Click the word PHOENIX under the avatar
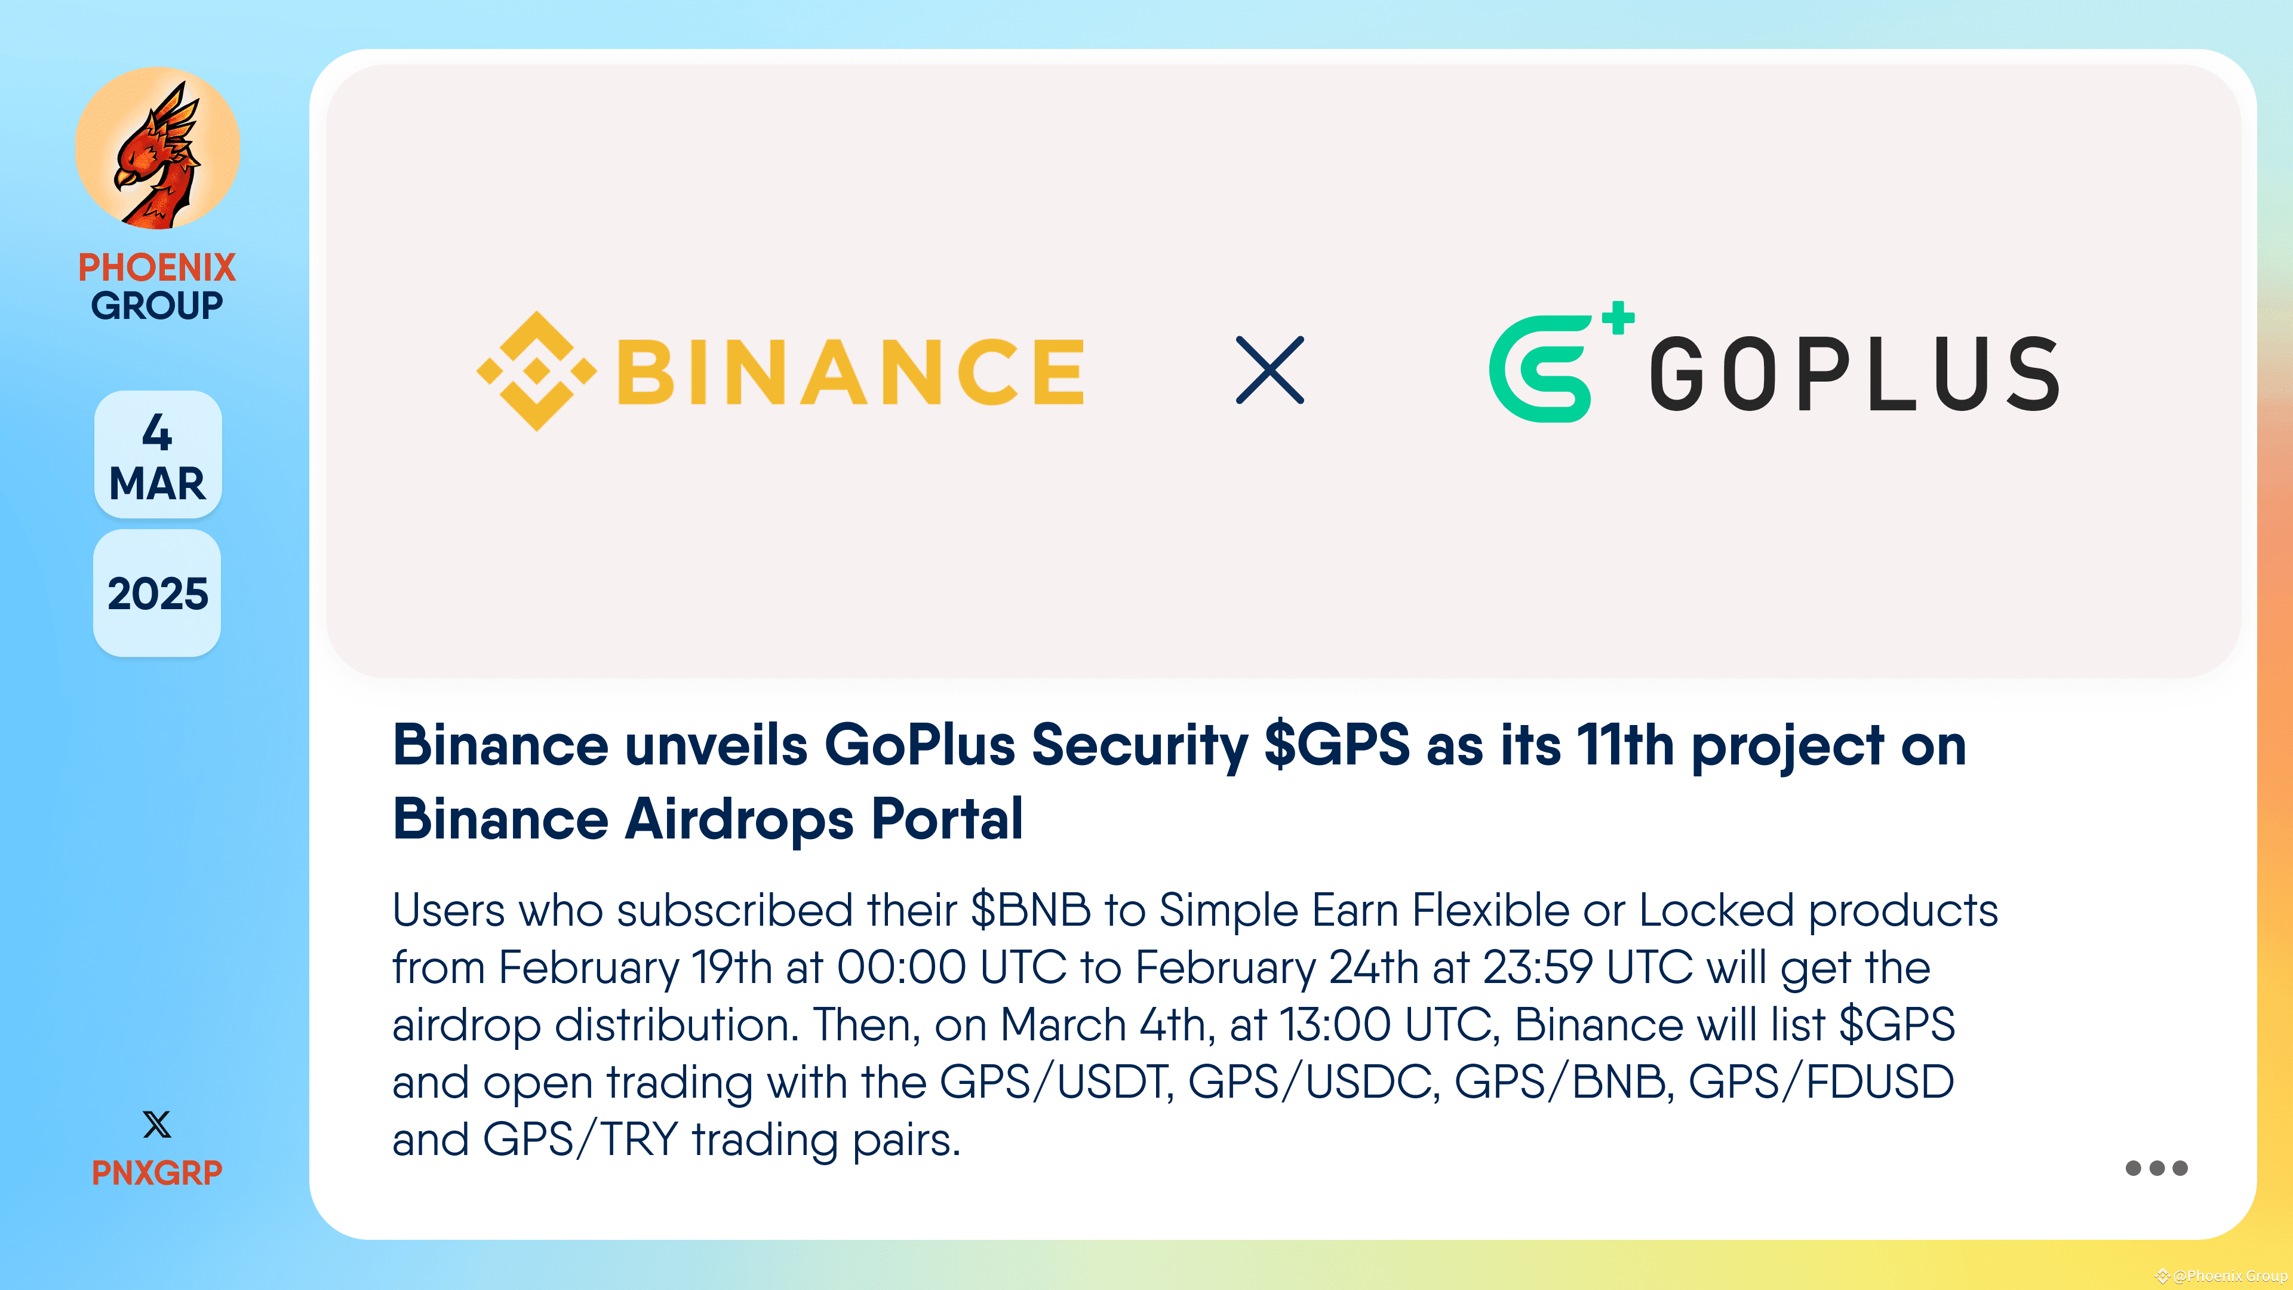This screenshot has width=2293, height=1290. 156,267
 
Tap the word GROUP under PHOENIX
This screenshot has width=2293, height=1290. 156,305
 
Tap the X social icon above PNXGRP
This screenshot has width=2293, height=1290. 156,1125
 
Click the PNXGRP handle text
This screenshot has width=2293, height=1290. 156,1172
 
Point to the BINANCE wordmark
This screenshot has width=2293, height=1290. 850,371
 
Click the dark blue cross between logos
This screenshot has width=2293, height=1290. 1270,370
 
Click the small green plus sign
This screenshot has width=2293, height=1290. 1618,318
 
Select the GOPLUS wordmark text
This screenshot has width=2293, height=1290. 1854,374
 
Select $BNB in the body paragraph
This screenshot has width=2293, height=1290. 1030,910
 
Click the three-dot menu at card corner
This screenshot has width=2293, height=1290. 2156,1168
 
